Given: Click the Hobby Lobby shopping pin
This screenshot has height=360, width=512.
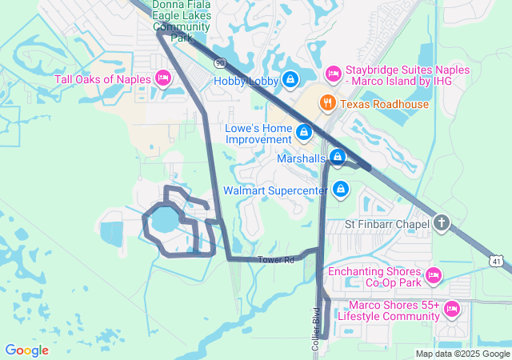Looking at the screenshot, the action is (x=291, y=80).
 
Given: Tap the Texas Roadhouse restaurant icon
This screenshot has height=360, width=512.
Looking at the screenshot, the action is (x=326, y=103).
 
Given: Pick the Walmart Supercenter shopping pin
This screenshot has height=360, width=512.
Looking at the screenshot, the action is (x=341, y=190).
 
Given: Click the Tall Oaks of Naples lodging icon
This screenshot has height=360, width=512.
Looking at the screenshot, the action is (x=162, y=78).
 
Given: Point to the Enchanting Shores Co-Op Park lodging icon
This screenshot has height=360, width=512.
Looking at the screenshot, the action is (x=433, y=276).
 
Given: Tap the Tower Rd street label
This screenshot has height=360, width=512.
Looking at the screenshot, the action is (x=276, y=260).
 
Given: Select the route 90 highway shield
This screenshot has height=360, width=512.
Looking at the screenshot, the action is (x=218, y=62).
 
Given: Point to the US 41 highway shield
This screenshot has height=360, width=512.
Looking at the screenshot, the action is (x=497, y=262).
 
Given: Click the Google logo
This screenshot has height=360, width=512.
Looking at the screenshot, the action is (x=26, y=350).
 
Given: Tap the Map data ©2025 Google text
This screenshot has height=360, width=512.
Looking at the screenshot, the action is (x=462, y=354).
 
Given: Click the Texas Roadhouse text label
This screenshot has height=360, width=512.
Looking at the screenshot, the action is (x=384, y=104).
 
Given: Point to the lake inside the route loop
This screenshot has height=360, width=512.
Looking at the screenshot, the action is (x=163, y=218).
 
